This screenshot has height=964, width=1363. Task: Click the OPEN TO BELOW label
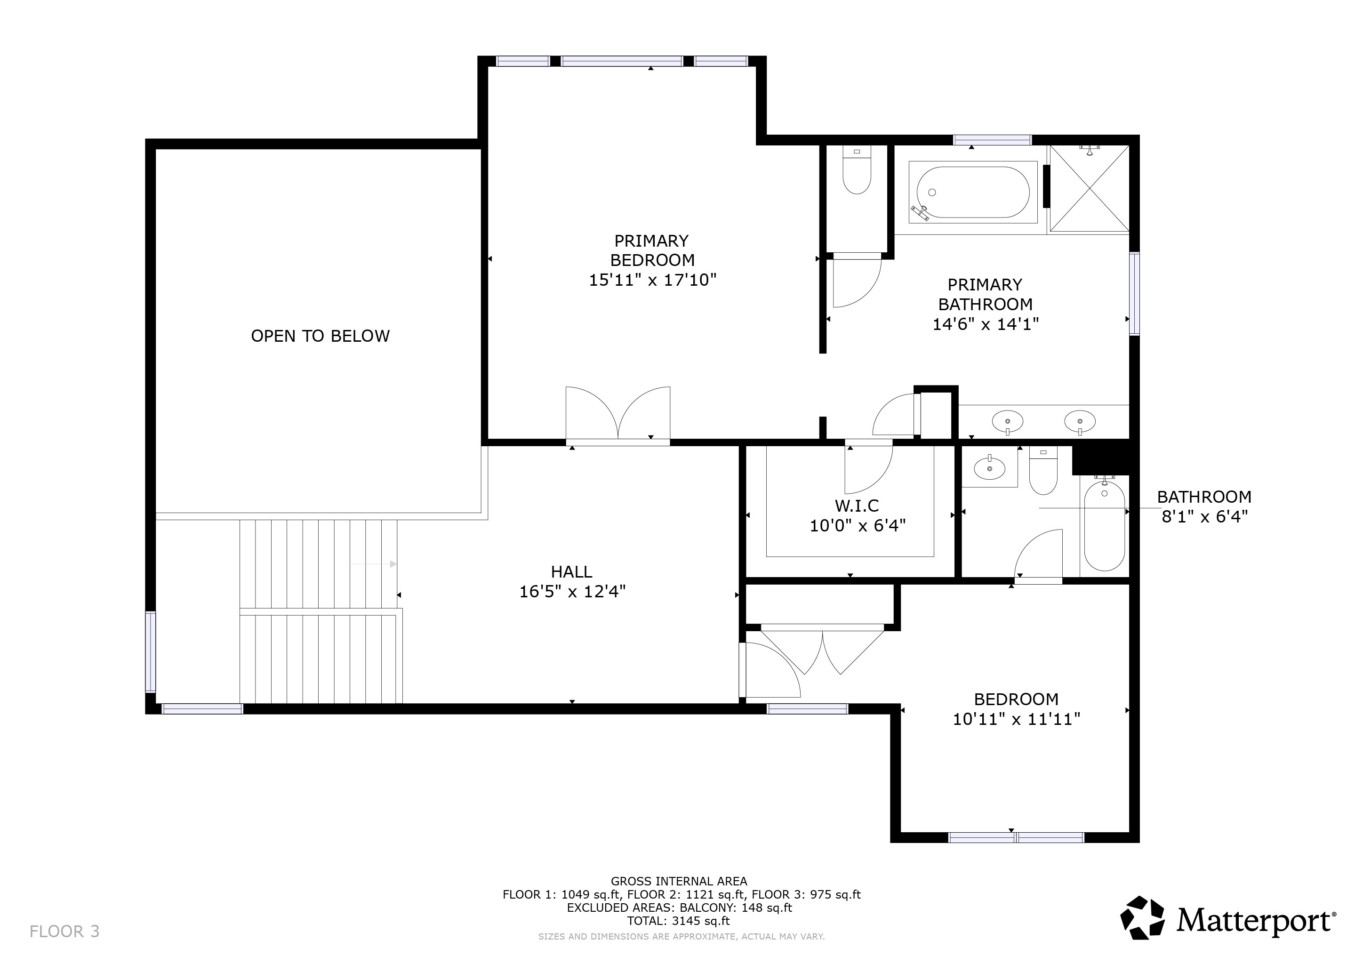click(x=320, y=336)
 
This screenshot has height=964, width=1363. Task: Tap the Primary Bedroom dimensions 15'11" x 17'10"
click(x=652, y=280)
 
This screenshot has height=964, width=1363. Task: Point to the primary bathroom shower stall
click(x=1090, y=189)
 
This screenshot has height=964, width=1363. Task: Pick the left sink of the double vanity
click(x=1007, y=421)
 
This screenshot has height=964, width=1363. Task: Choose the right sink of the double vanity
click(x=1079, y=421)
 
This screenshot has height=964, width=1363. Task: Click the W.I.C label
click(x=857, y=506)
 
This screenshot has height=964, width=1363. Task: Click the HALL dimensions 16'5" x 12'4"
click(x=572, y=592)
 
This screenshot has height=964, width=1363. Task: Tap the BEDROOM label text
click(x=1016, y=699)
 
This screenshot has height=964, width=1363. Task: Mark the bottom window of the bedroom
click(x=1016, y=837)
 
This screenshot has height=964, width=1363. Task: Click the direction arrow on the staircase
click(x=374, y=564)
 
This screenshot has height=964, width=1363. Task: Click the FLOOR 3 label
click(x=64, y=932)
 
